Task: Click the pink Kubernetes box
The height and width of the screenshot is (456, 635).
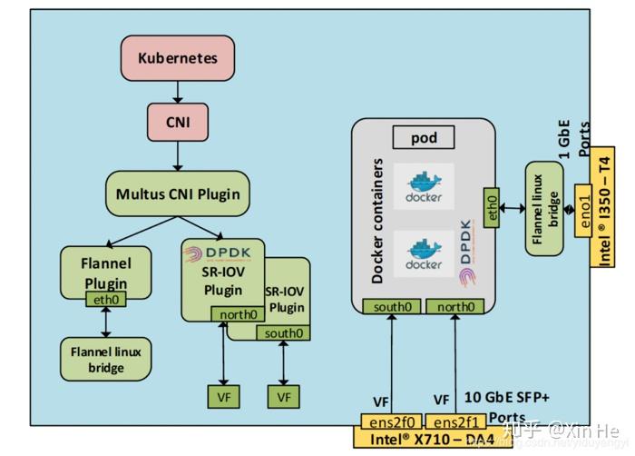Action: [178, 59]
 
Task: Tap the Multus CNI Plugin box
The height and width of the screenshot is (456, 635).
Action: [177, 193]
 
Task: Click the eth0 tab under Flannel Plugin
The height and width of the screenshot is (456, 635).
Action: [105, 299]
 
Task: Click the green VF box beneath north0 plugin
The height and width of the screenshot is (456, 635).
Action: [223, 396]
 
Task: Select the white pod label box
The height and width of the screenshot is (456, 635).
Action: [423, 138]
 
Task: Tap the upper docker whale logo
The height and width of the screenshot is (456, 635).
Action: [423, 185]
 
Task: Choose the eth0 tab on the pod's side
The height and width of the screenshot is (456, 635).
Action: [492, 209]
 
